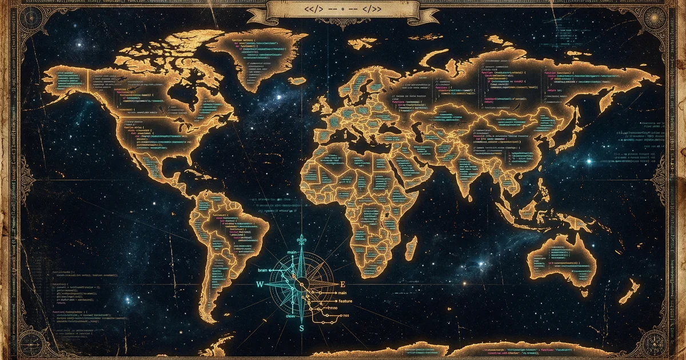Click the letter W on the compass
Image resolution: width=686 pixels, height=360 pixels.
coord(260,284)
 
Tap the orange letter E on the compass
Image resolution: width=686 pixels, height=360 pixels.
coord(343,284)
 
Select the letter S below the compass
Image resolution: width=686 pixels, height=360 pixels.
coord(302,329)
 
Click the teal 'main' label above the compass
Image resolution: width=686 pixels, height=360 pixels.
coord(292,252)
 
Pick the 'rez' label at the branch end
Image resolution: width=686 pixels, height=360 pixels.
coord(345,315)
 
